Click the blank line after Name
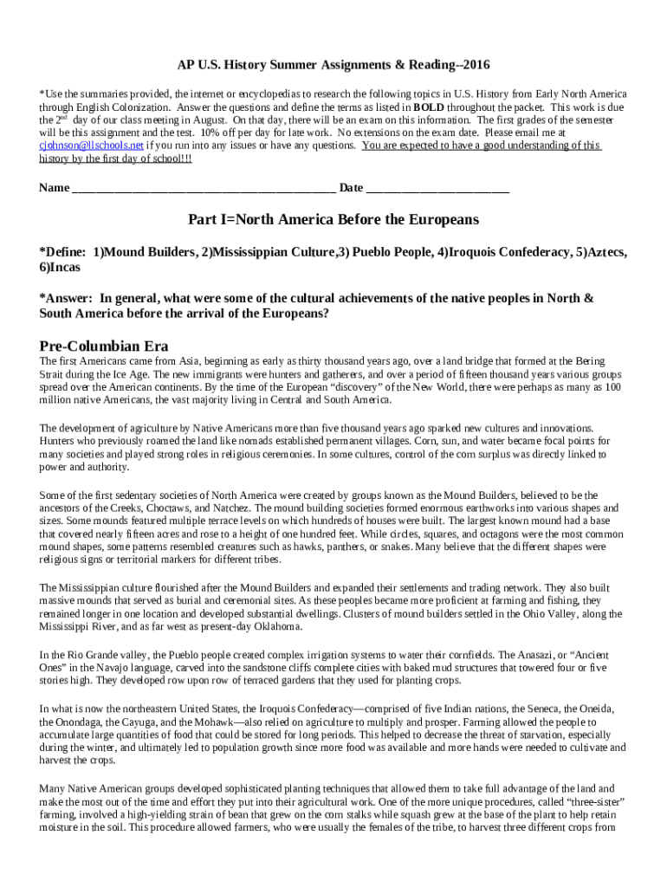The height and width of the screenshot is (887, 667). tap(204, 188)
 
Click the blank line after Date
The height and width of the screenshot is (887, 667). tap(437, 188)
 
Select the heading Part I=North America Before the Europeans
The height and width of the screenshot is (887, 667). tap(333, 220)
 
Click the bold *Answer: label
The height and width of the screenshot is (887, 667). tap(66, 299)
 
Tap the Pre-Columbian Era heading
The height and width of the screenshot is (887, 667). tap(104, 345)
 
